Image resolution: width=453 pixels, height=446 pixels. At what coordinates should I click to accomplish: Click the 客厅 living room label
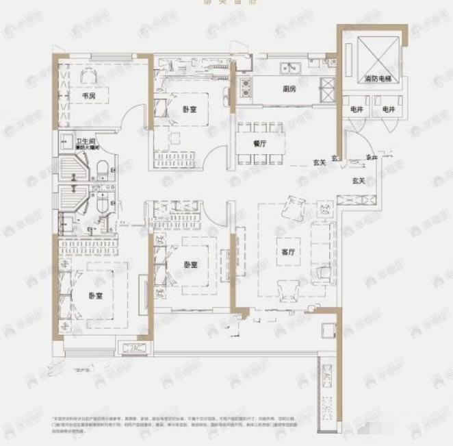287,251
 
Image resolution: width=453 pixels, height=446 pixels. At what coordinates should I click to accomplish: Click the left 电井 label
357,109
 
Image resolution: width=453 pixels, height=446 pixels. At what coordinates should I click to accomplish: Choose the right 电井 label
389,109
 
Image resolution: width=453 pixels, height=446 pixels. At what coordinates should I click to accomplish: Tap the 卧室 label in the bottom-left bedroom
95,296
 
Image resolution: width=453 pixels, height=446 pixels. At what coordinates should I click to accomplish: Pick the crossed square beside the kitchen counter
327,86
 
